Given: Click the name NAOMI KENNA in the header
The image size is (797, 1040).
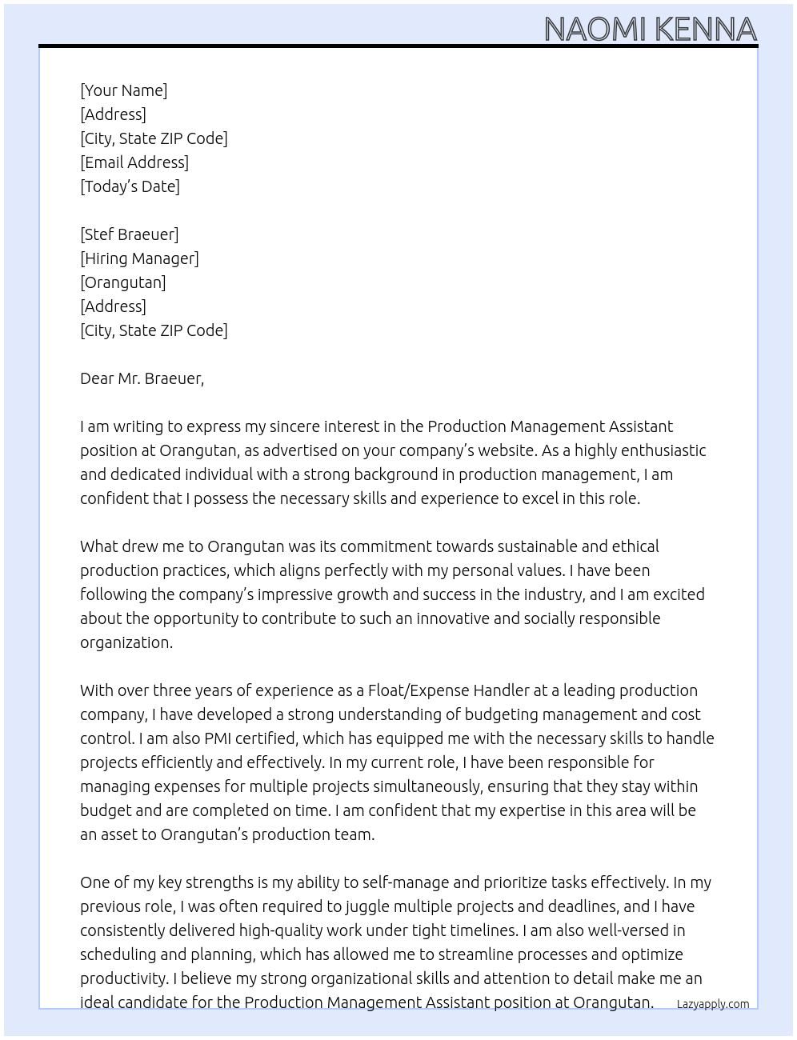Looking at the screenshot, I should click(650, 30).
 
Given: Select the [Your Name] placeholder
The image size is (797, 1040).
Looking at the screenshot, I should click(123, 90).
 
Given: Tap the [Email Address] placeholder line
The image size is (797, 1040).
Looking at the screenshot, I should click(134, 162).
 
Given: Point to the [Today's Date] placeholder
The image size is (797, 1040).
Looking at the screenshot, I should click(130, 186).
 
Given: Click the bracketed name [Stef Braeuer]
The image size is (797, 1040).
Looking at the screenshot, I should click(129, 234).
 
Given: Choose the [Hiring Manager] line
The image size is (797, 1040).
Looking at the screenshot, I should click(139, 258).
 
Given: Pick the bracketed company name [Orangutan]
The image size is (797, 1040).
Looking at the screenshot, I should click(122, 282).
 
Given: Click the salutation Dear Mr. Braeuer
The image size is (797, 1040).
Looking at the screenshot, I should click(142, 378).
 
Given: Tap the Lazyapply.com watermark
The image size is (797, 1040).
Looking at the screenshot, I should click(712, 1004).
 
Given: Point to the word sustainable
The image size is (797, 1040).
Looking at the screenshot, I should click(537, 546).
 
